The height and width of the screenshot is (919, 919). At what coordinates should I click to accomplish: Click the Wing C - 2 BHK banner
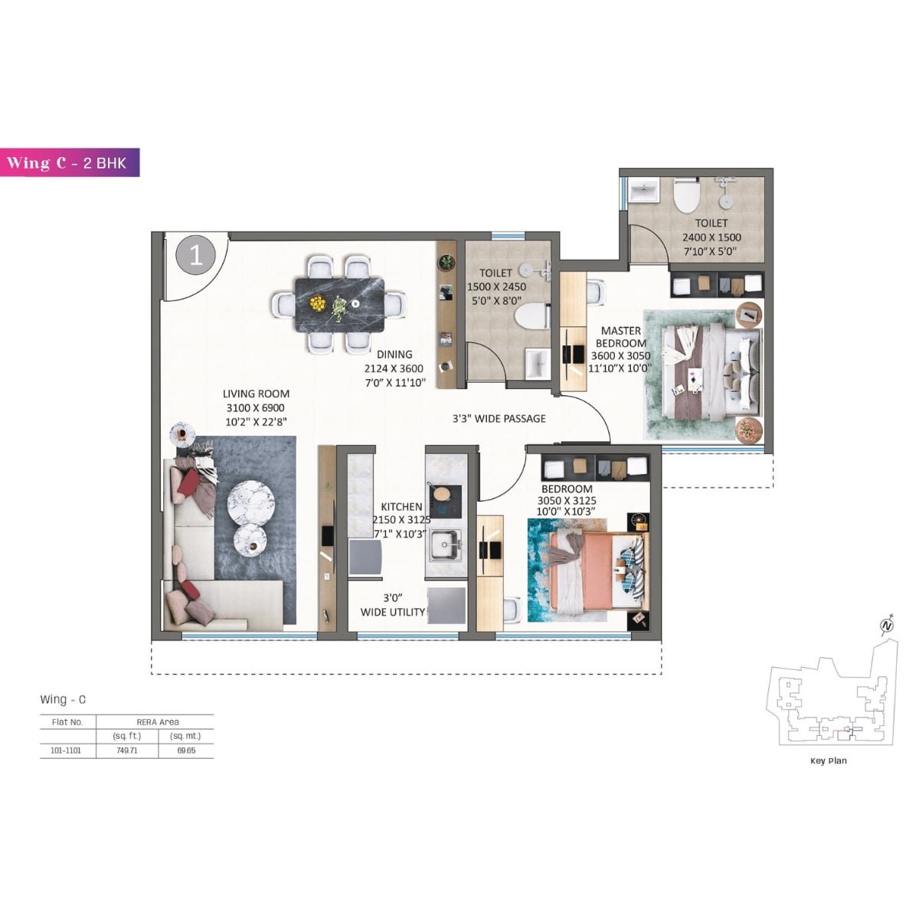[70, 162]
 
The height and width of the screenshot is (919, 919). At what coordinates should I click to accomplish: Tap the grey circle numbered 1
[196, 254]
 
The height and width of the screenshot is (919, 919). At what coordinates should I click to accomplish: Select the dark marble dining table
[339, 304]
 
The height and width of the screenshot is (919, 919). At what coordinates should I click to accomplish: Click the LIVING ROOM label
[257, 394]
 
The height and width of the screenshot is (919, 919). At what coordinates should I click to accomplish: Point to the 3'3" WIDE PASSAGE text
[499, 418]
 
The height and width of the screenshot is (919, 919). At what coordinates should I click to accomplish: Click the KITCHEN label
[401, 506]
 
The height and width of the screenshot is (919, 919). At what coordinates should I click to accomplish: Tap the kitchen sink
[444, 546]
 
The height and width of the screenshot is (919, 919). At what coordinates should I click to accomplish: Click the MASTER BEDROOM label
[620, 337]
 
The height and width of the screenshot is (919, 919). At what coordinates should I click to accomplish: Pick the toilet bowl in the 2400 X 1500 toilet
[686, 198]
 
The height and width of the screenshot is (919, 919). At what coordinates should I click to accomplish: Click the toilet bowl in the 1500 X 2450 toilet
[531, 316]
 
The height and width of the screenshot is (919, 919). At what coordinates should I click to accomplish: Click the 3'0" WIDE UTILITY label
[393, 605]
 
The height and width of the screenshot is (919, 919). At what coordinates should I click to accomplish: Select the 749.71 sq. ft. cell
[127, 751]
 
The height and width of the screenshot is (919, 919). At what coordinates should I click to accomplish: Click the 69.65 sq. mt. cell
[185, 751]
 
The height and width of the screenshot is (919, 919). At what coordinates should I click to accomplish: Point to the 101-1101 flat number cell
[67, 751]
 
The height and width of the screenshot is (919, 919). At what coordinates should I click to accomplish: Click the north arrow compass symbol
[887, 626]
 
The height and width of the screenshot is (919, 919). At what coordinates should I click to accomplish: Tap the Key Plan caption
[828, 760]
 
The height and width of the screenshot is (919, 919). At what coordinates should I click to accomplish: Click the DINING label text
[394, 355]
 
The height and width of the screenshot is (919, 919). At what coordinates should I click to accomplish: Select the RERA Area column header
[157, 722]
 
